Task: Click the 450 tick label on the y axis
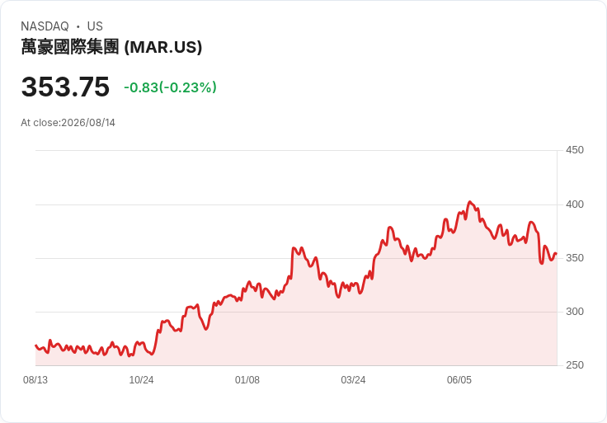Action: point(575,150)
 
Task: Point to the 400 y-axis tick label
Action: point(575,204)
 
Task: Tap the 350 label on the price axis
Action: point(575,258)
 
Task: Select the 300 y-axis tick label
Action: point(575,311)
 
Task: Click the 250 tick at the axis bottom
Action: point(575,364)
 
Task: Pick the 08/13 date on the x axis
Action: point(35,379)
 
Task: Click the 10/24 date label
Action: point(141,379)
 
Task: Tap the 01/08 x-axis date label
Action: point(247,379)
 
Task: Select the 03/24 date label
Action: point(353,379)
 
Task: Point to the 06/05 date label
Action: point(459,379)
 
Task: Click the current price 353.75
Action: point(65,87)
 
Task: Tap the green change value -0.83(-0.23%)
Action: point(170,87)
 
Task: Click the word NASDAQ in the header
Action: point(45,26)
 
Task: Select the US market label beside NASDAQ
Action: point(95,26)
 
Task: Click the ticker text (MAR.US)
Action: point(163,47)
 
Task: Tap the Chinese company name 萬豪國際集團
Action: point(69,47)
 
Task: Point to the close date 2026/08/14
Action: point(88,123)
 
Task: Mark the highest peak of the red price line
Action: point(470,202)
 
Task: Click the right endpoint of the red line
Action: point(557,253)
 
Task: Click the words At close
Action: point(40,123)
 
